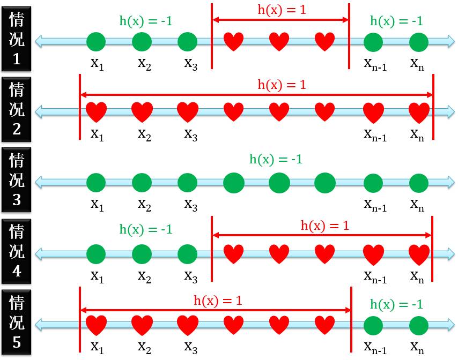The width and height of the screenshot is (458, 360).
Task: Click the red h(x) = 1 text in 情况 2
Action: (282, 85)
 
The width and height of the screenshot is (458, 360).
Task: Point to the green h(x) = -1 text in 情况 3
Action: (276, 159)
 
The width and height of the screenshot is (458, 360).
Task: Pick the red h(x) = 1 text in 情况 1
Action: (282, 10)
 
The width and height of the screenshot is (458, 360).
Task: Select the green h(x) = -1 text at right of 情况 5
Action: (397, 304)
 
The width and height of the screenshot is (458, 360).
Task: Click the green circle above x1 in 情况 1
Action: (97, 41)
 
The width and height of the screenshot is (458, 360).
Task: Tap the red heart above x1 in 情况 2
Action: (97, 112)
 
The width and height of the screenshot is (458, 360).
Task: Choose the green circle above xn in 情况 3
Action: (419, 183)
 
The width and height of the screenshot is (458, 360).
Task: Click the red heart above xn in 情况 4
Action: (419, 253)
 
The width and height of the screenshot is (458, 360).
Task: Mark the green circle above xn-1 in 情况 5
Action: (374, 325)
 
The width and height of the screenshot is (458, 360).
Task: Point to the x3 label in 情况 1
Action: (190, 64)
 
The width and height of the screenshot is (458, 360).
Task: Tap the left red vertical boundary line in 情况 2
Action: (79, 107)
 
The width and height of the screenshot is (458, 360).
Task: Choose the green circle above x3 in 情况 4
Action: (188, 253)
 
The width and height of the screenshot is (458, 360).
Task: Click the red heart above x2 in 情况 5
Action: (142, 325)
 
